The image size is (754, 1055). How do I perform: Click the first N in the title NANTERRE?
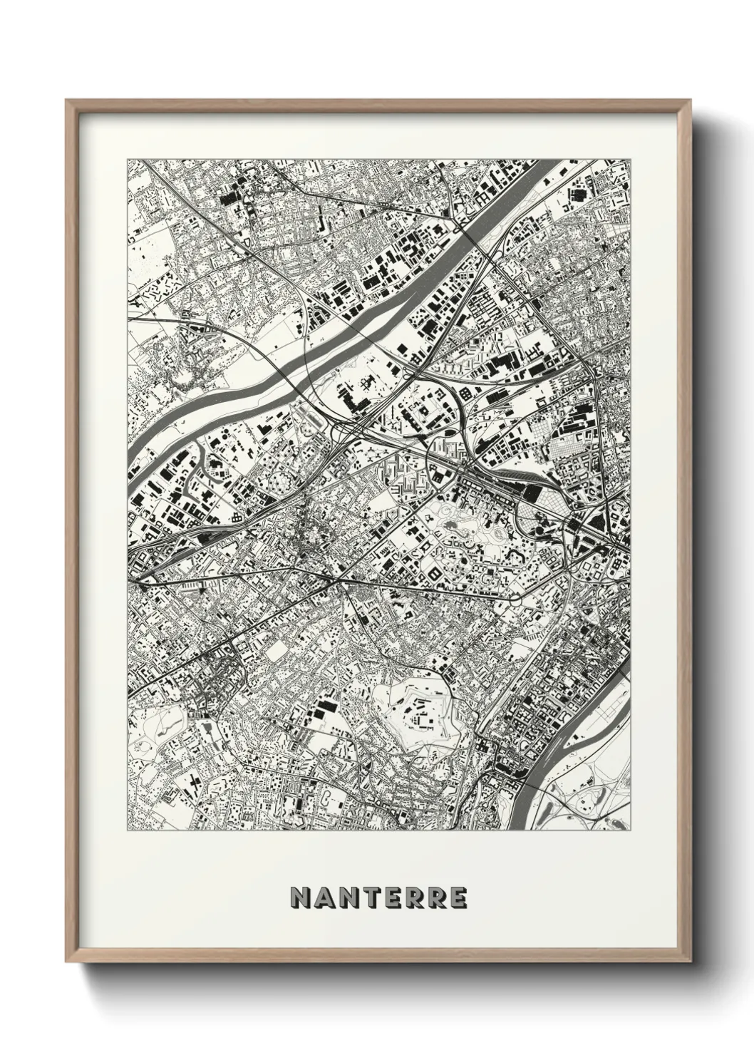pyautogui.click(x=299, y=897)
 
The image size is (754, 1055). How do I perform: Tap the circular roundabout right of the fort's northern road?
pyautogui.click(x=514, y=599)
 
